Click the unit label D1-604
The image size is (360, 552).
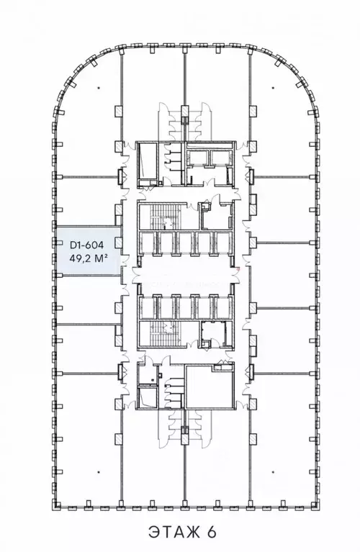[x=86, y=244]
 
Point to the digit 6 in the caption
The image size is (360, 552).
[x=212, y=533]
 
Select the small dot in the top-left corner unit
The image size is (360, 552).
[x=99, y=88]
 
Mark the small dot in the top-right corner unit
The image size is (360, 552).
[x=272, y=88]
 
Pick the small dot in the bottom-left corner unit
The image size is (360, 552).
[x=99, y=472]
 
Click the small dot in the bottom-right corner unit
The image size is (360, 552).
[x=272, y=472]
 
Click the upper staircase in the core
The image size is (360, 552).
[x=163, y=217]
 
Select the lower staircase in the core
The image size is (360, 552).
[x=163, y=334]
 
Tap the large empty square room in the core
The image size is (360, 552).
[x=210, y=386]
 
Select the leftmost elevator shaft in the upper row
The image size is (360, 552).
[x=147, y=242]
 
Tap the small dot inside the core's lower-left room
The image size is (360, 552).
[x=152, y=380]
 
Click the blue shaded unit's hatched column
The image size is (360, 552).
[x=119, y=242]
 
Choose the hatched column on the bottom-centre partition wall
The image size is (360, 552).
[x=184, y=438]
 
